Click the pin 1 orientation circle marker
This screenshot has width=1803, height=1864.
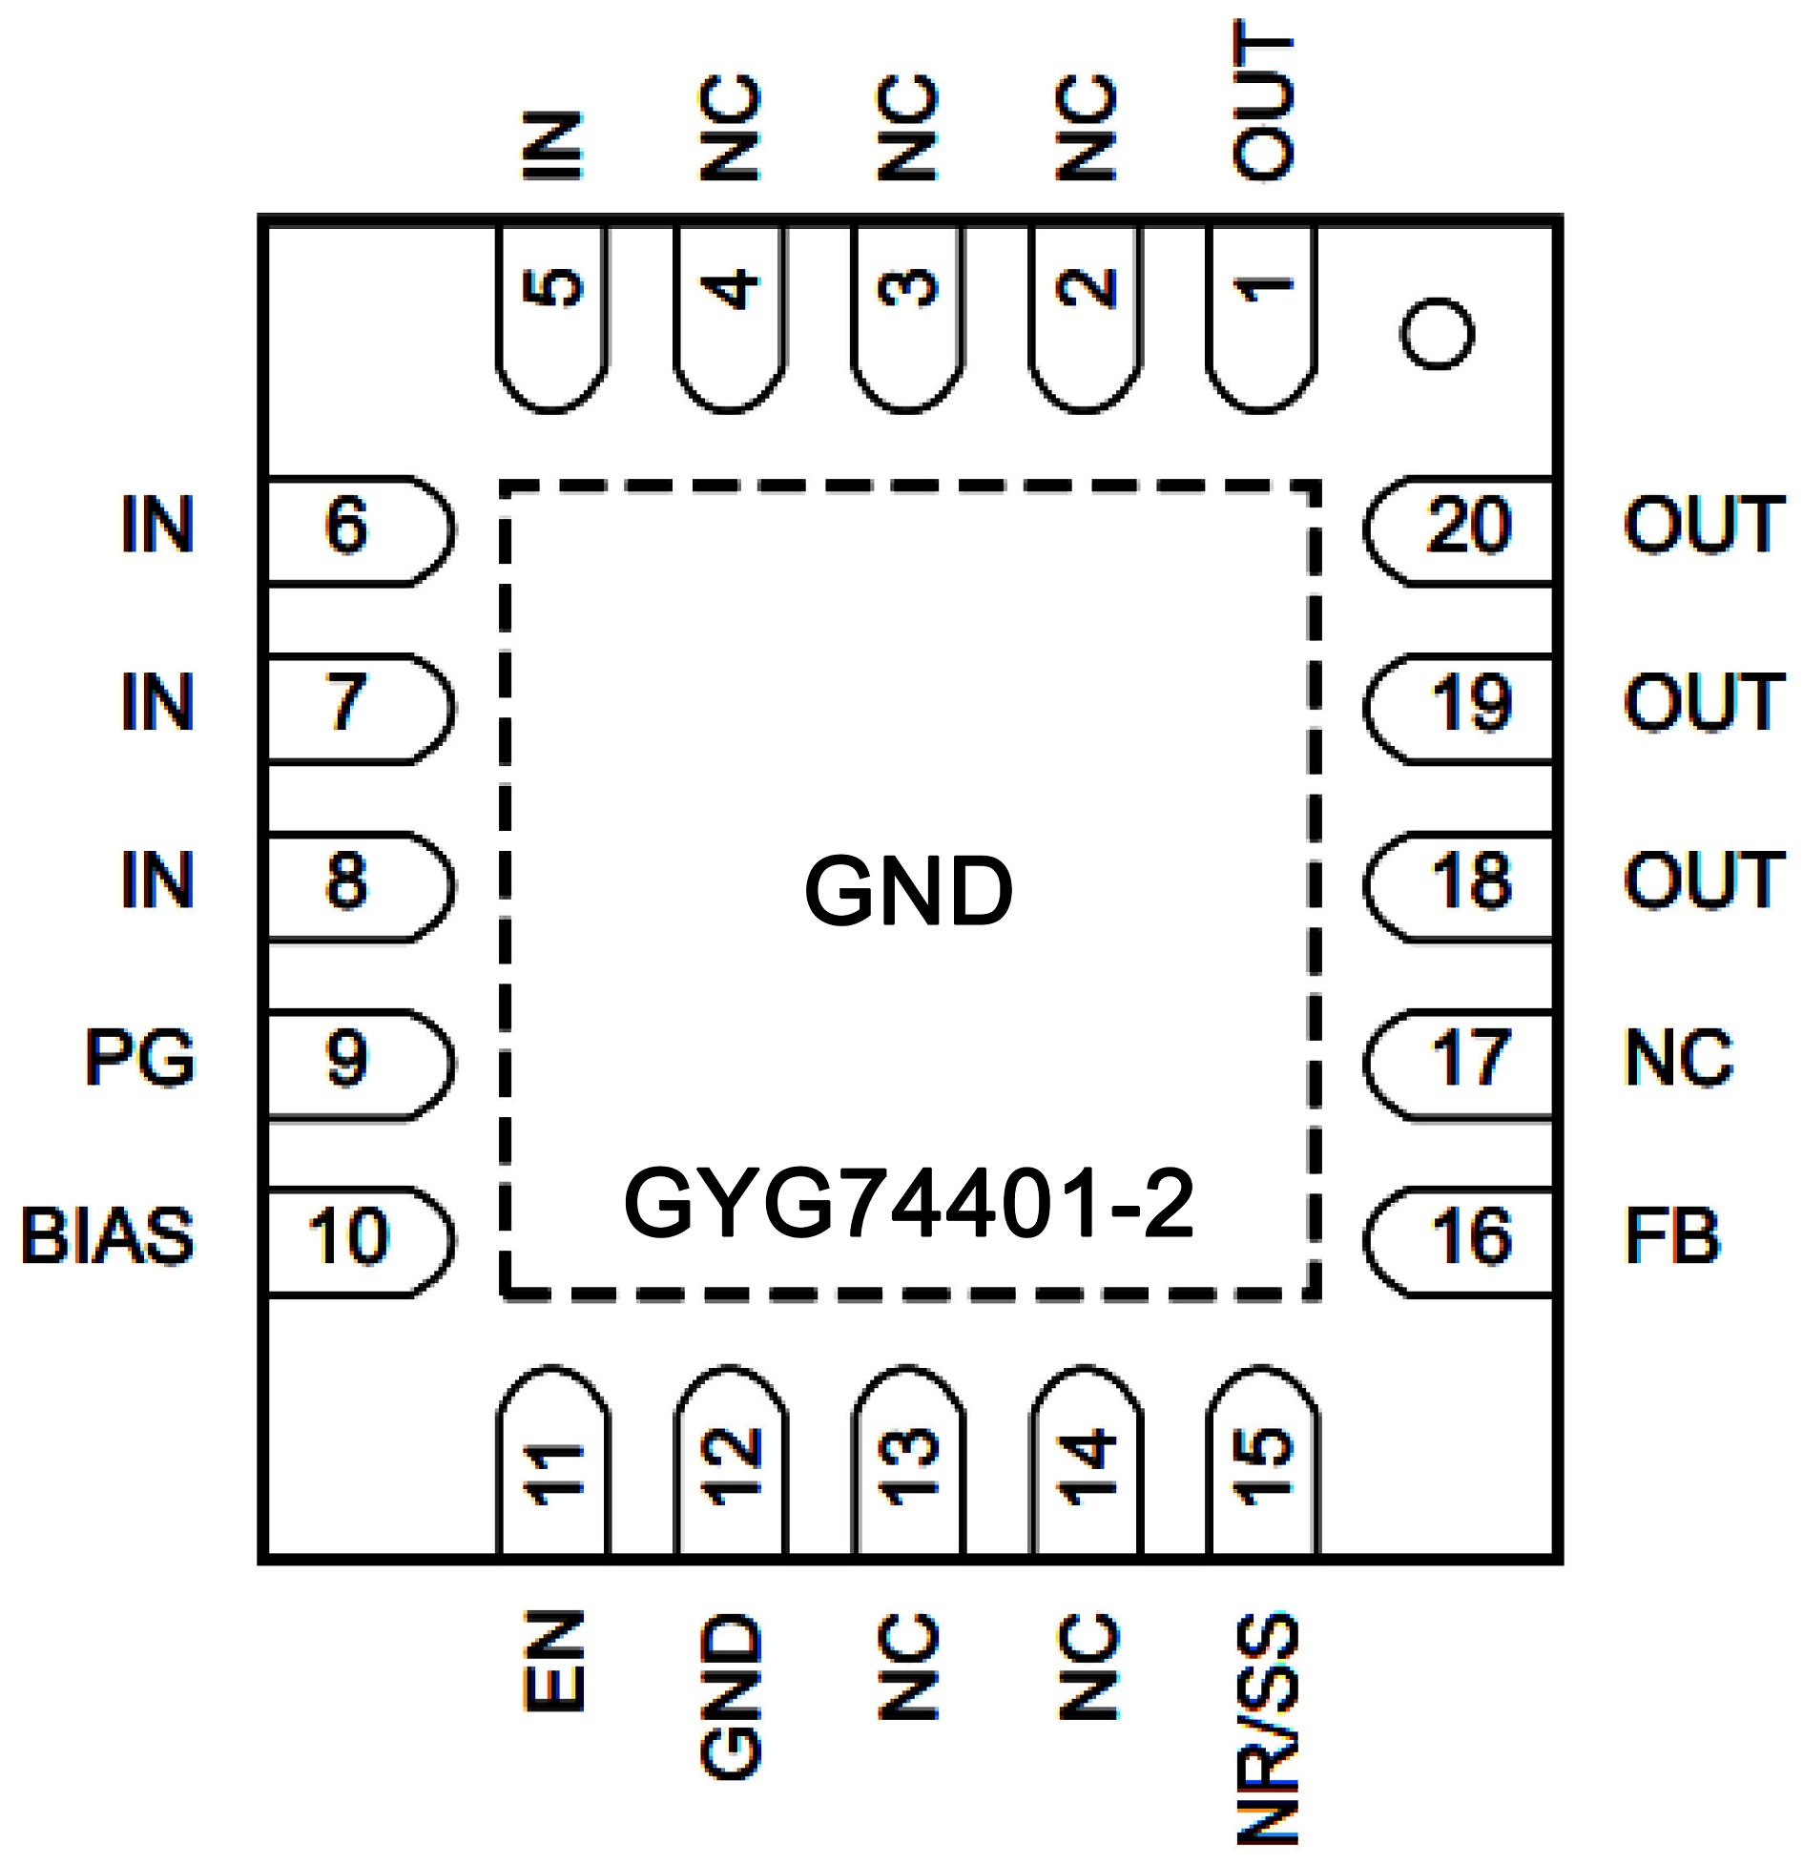click(1437, 333)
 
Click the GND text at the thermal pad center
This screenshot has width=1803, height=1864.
click(908, 891)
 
